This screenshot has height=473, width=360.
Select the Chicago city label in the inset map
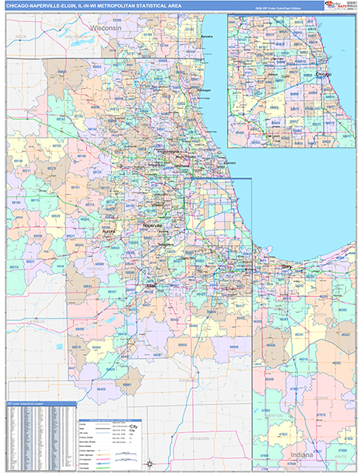click(323, 74)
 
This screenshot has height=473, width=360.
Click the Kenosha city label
click(206, 37)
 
